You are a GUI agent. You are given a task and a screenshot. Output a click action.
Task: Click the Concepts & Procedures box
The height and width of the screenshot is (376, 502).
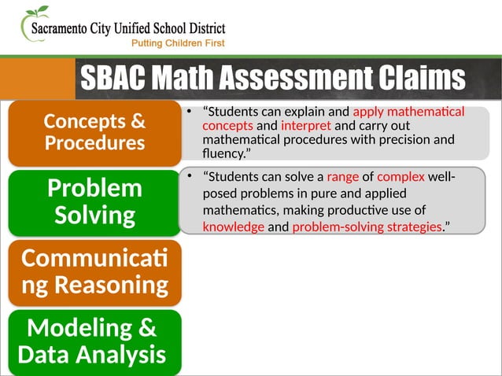94,132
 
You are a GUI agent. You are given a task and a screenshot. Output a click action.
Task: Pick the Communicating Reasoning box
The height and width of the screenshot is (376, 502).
94,271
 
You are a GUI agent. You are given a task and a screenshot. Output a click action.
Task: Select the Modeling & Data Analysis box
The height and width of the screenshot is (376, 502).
94,341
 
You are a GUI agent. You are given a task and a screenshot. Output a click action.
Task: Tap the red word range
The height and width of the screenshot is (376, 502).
342,176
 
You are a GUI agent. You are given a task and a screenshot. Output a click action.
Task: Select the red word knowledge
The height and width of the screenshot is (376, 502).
233,227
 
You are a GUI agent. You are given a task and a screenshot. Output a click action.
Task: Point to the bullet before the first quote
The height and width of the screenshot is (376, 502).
189,112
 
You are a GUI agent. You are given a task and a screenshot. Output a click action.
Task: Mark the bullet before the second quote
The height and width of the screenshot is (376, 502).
189,176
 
